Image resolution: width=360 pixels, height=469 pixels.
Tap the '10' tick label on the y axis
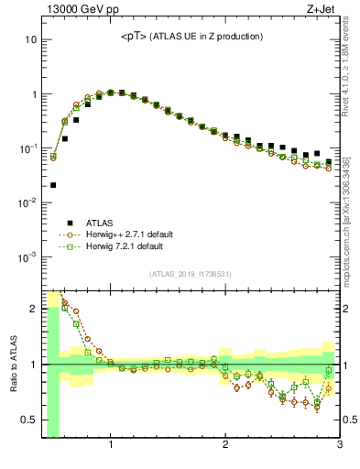point(30,40)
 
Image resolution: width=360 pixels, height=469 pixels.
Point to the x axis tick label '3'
point(340,446)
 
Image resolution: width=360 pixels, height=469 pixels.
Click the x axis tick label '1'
point(111,446)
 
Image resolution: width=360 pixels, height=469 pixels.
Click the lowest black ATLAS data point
point(53,185)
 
